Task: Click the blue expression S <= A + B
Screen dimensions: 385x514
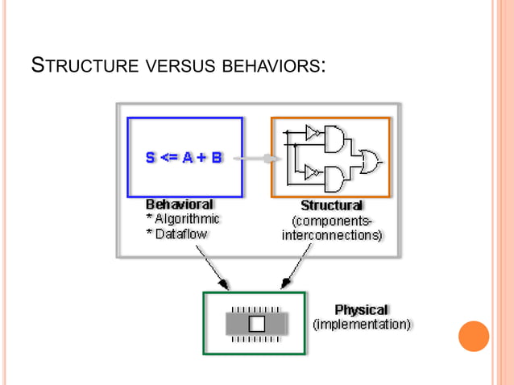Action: pyautogui.click(x=184, y=158)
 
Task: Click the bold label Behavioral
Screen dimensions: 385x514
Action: pyautogui.click(x=179, y=204)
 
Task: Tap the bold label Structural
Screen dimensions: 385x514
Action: pyautogui.click(x=331, y=205)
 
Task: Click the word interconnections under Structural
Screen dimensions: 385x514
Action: pyautogui.click(x=331, y=235)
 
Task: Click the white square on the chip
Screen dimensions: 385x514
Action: pyautogui.click(x=256, y=324)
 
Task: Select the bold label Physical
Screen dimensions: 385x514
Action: pyautogui.click(x=361, y=309)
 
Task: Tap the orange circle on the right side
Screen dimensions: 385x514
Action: pyautogui.click(x=474, y=336)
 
